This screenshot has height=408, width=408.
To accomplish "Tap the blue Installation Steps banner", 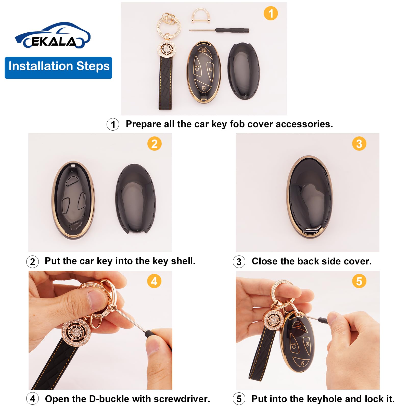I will click(x=58, y=68).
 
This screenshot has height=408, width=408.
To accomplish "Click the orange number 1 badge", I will click(x=271, y=13).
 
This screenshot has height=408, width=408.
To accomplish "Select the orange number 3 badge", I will click(x=359, y=144).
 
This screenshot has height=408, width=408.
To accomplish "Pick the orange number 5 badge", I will click(x=359, y=281).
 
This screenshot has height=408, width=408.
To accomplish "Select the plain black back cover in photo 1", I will click(x=244, y=71).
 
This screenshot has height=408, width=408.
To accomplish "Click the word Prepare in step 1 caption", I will click(x=143, y=124).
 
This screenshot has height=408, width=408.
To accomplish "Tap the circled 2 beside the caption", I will click(x=33, y=262).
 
